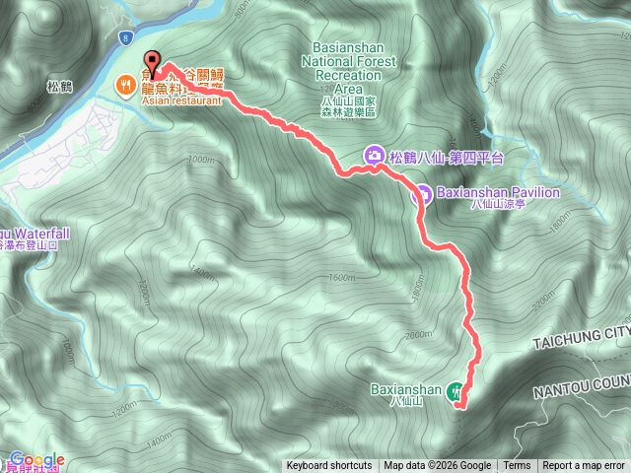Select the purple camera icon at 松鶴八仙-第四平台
(375, 155)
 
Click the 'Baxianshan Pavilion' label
(497, 192)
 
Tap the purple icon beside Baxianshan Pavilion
(420, 193)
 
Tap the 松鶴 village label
(60, 87)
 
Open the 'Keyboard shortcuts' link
(329, 466)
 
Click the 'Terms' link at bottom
(517, 466)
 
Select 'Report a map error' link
(584, 466)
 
